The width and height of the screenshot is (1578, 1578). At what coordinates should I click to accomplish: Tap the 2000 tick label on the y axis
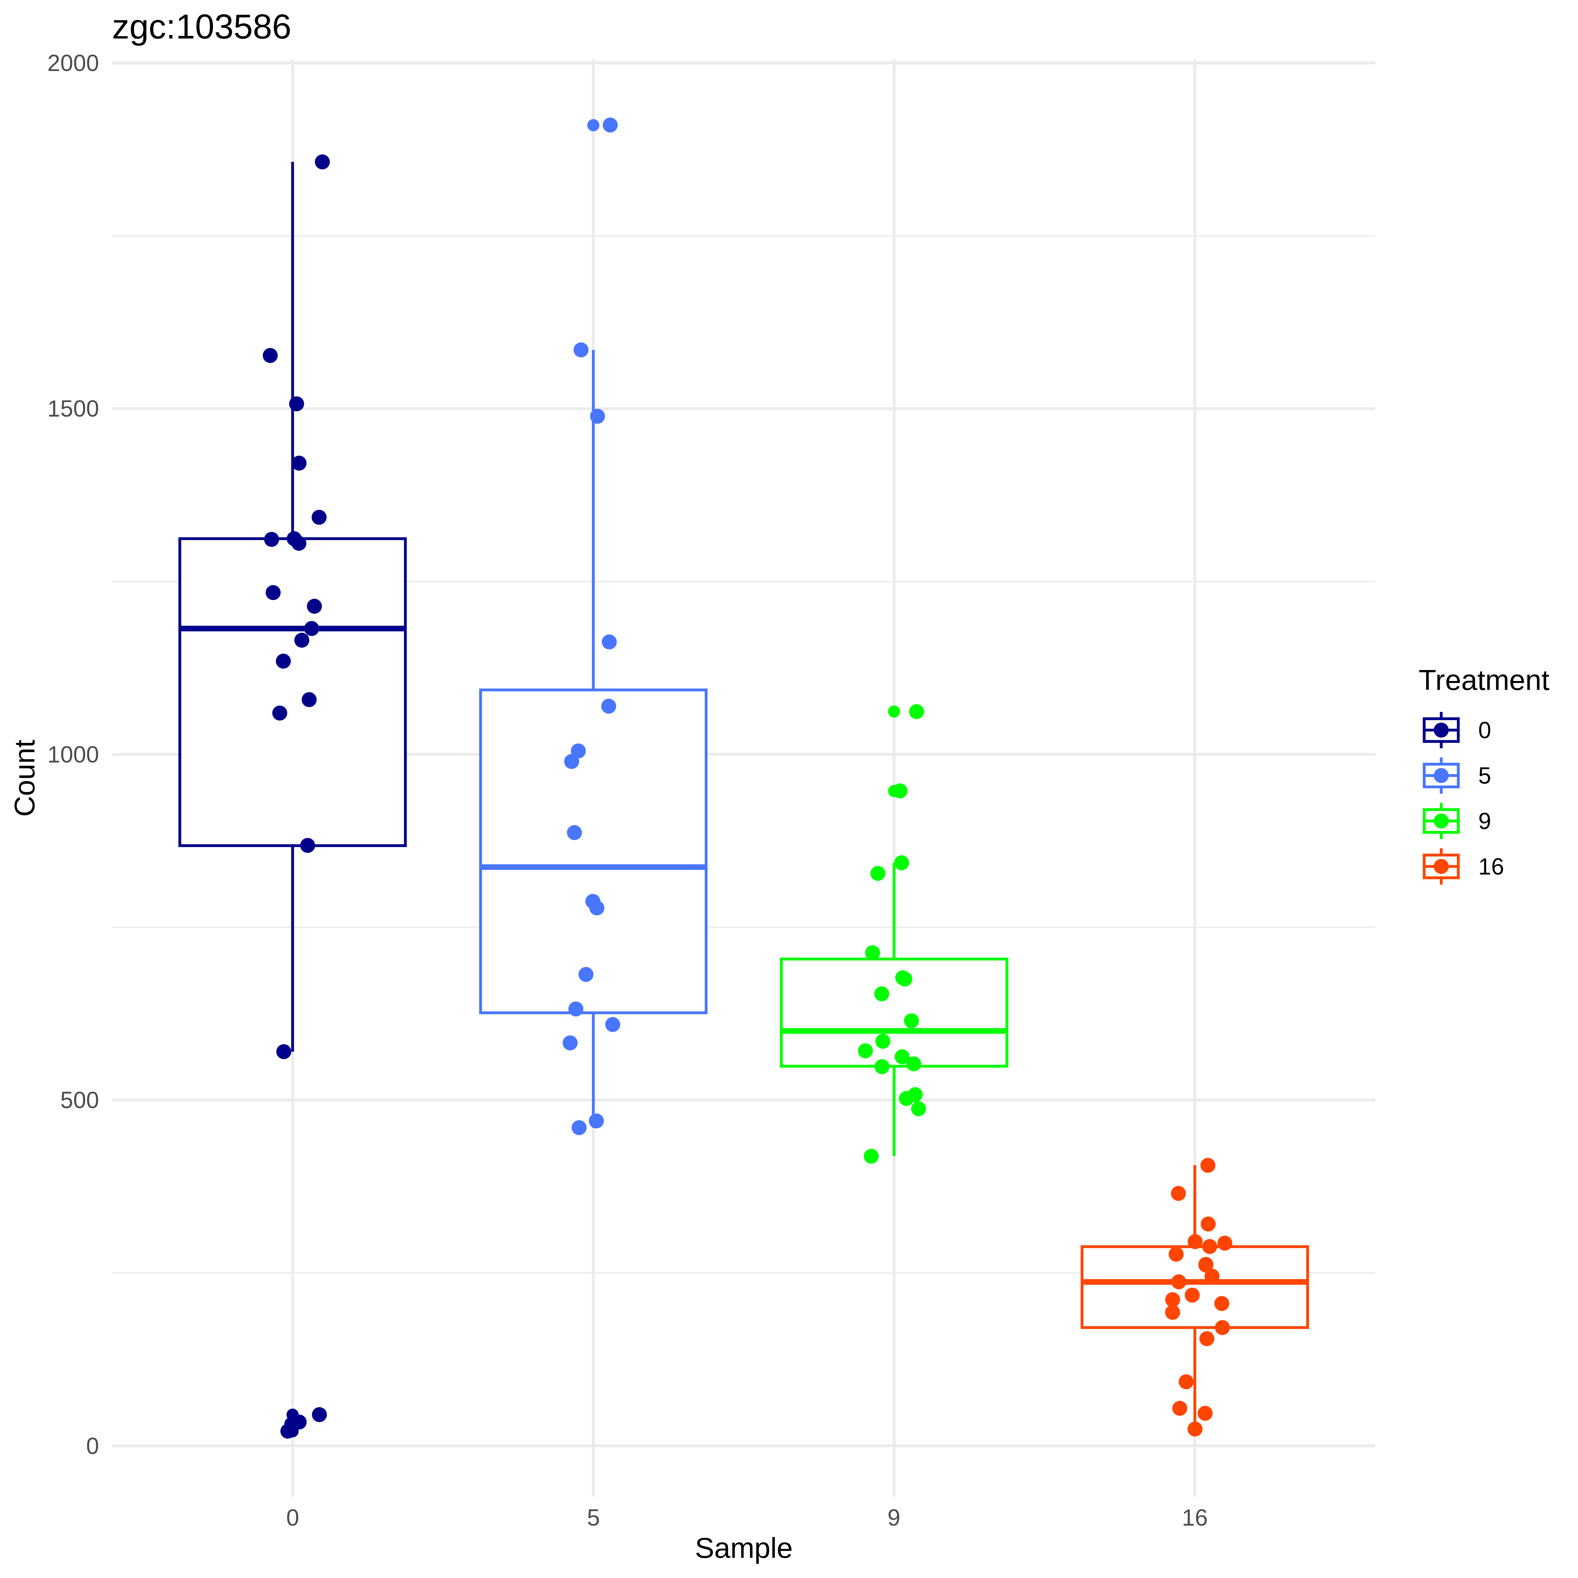tap(73, 64)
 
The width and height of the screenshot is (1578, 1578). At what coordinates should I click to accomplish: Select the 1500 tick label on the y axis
tap(73, 409)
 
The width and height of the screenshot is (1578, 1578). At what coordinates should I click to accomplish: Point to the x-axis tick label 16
tap(1194, 1517)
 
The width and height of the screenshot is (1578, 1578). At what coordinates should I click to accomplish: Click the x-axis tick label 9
tap(893, 1517)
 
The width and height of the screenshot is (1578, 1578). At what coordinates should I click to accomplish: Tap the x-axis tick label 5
tap(593, 1517)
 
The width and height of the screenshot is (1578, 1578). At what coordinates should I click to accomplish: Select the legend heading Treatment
tap(1483, 680)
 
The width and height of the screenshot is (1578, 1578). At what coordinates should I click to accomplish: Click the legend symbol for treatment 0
tap(1441, 730)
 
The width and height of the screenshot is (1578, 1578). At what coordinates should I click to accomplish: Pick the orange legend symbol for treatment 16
tap(1441, 867)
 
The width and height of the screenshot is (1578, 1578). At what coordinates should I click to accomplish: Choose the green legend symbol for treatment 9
tap(1441, 821)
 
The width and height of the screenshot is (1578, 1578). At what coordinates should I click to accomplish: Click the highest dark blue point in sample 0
tap(323, 162)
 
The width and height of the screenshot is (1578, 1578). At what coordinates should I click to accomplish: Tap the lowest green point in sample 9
tap(871, 1156)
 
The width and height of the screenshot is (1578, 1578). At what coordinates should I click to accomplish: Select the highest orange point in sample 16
tap(1208, 1166)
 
